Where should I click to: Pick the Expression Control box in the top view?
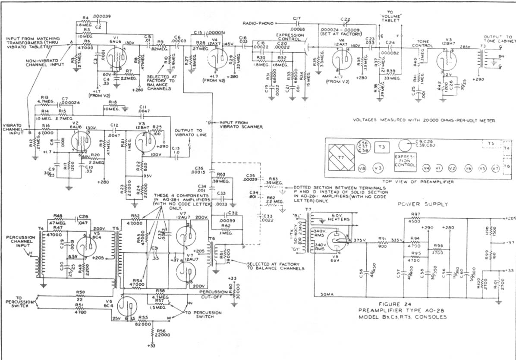point(405,161)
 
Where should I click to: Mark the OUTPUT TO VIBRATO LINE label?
point(190,132)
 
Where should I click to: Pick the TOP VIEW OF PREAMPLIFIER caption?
point(415,182)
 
